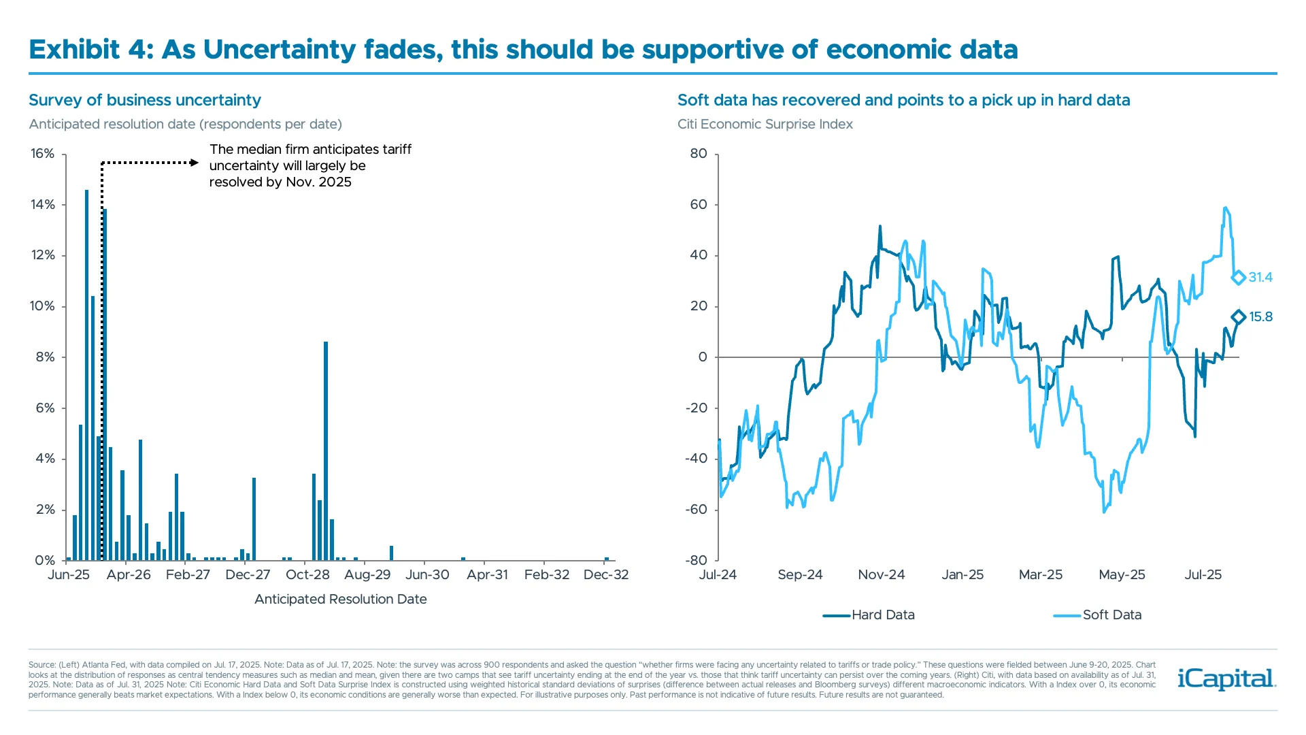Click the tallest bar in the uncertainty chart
86,374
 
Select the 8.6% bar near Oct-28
326,451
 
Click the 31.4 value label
1260,277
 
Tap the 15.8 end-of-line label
1260,316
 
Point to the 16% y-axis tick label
42,154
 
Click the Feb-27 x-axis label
188,574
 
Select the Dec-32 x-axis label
606,574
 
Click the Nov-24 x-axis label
881,574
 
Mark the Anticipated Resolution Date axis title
340,599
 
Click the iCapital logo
1226,679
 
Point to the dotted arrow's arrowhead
195,163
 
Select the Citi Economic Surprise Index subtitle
765,124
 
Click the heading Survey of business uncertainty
144,100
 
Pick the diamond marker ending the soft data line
1238,277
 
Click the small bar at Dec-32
607,559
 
